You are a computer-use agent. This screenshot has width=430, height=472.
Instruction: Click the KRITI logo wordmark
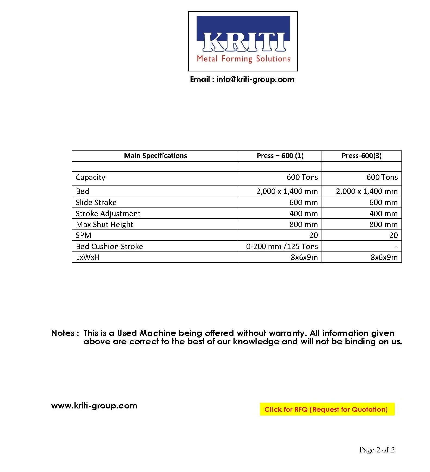243,42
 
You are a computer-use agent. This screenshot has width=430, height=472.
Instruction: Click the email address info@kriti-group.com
255,80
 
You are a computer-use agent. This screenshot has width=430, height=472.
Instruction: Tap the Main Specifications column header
155,156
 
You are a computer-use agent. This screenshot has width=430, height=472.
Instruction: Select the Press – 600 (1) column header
280,156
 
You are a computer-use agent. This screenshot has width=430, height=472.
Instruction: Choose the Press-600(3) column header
362,156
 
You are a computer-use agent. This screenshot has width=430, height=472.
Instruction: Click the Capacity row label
91,178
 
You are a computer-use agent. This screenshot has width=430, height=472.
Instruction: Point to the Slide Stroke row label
96,203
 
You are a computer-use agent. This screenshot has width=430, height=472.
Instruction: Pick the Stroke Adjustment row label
108,214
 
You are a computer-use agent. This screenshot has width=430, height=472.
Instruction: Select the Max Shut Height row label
105,225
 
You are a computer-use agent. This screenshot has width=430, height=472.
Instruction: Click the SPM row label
83,235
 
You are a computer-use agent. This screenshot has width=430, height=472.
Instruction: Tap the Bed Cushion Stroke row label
110,247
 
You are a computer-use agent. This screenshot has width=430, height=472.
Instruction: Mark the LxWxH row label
88,257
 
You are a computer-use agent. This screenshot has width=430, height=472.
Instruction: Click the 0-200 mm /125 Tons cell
282,247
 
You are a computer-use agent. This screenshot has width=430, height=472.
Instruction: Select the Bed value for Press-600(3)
367,191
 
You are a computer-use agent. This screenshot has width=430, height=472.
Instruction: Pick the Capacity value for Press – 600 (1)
302,177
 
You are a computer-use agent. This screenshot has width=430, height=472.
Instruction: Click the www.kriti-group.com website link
94,406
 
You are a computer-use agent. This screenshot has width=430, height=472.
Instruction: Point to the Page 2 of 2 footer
377,450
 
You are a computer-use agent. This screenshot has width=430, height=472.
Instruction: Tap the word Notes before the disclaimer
63,333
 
